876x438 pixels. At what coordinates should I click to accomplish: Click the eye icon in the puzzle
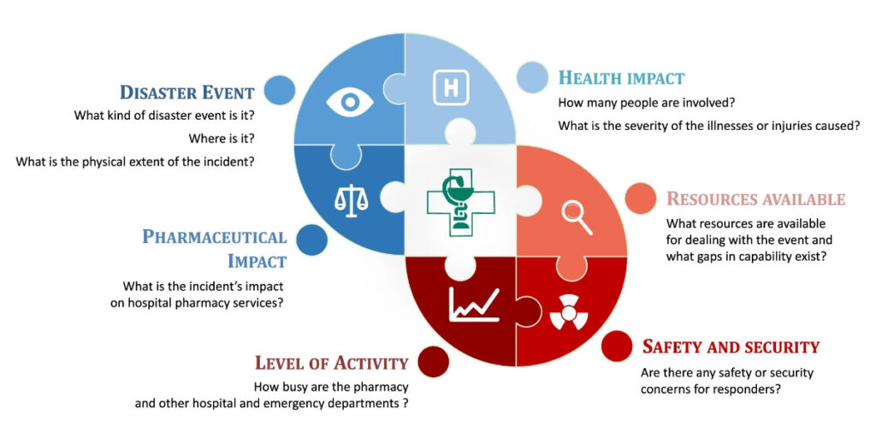350,103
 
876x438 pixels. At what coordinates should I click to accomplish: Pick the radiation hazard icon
569,313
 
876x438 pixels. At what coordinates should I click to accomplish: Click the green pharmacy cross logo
460,202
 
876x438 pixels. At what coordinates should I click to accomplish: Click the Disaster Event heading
186,92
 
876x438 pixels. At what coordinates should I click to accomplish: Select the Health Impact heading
621,78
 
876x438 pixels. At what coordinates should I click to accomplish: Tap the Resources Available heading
755,199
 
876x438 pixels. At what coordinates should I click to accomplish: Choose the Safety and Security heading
731,346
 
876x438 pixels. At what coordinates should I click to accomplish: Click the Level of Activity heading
331,362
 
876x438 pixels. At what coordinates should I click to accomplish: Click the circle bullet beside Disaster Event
280,90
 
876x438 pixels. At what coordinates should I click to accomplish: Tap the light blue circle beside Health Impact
531,77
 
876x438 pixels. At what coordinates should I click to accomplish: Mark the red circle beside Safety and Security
616,346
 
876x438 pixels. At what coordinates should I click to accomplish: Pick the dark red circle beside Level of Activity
433,362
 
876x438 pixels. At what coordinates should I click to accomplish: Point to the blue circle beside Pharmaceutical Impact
312,240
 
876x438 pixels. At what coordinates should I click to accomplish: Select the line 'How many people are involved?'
636,104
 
